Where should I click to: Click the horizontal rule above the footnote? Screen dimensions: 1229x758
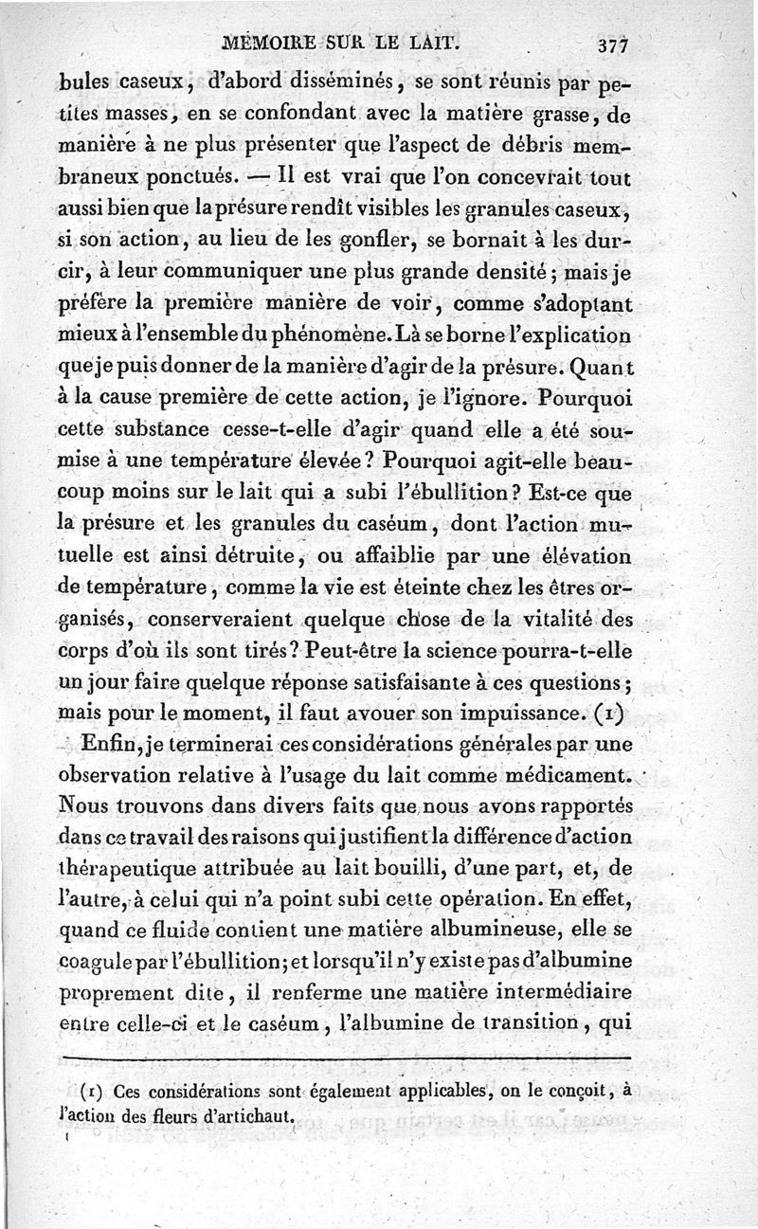coord(346,1055)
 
